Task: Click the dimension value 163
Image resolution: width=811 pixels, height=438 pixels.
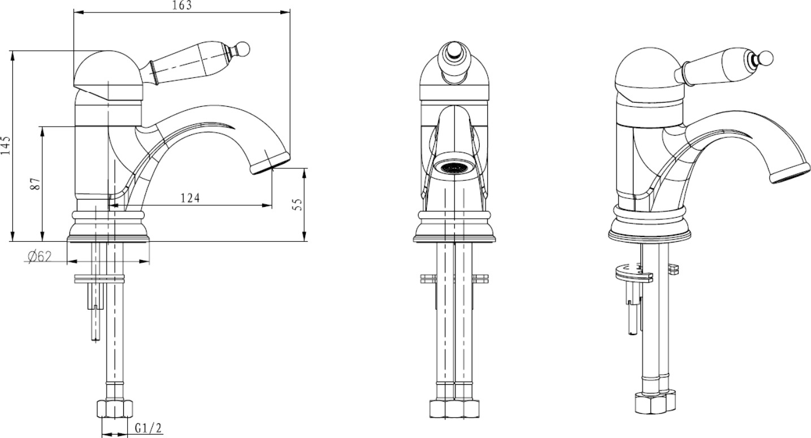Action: [x=183, y=5]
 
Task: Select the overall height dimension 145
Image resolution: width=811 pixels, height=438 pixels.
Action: [x=6, y=146]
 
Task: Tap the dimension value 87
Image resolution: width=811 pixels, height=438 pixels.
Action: [x=35, y=184]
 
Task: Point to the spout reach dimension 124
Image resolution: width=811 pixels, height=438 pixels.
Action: [x=190, y=198]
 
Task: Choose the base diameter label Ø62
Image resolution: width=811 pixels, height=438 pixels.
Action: [x=40, y=257]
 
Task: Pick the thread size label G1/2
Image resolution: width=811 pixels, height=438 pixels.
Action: [x=148, y=428]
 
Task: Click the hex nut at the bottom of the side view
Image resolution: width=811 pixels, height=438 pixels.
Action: [x=114, y=409]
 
